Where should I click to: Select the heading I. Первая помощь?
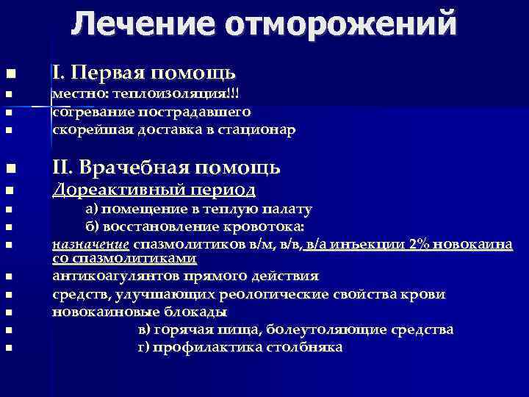click(143, 74)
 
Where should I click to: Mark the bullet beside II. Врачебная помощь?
click(8, 168)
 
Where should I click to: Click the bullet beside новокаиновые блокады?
click(8, 312)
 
